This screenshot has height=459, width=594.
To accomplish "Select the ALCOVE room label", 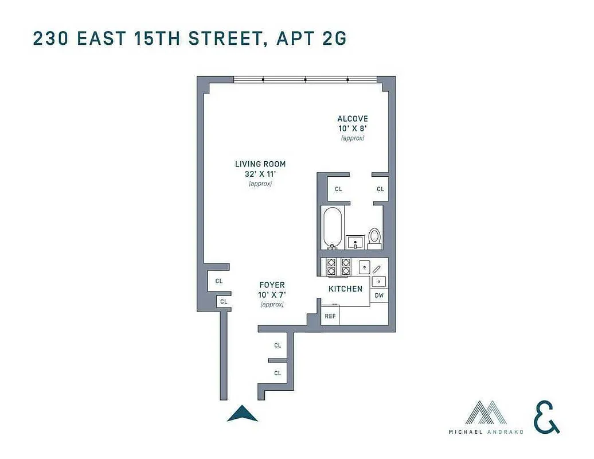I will (x=353, y=119).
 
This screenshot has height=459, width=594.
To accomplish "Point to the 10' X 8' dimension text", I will (x=353, y=129).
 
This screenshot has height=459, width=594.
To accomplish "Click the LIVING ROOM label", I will (x=260, y=164).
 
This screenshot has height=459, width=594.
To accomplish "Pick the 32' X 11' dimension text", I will (x=260, y=174).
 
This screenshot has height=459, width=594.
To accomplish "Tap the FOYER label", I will (x=272, y=285).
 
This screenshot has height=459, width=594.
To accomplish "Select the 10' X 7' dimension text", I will (x=272, y=295).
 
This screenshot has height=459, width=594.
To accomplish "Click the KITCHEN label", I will (x=345, y=289).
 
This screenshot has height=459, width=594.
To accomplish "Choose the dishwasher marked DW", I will (x=379, y=295).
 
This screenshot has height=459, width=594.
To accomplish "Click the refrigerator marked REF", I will (x=330, y=316).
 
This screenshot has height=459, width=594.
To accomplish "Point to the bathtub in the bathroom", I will (x=333, y=228).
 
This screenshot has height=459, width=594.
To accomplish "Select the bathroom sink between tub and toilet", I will (x=355, y=242).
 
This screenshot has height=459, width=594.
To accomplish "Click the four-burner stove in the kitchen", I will (x=338, y=267).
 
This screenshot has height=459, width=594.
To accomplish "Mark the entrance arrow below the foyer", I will (x=242, y=413).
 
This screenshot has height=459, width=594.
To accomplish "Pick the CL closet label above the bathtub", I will (x=338, y=189).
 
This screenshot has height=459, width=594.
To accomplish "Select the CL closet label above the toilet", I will (x=380, y=189).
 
